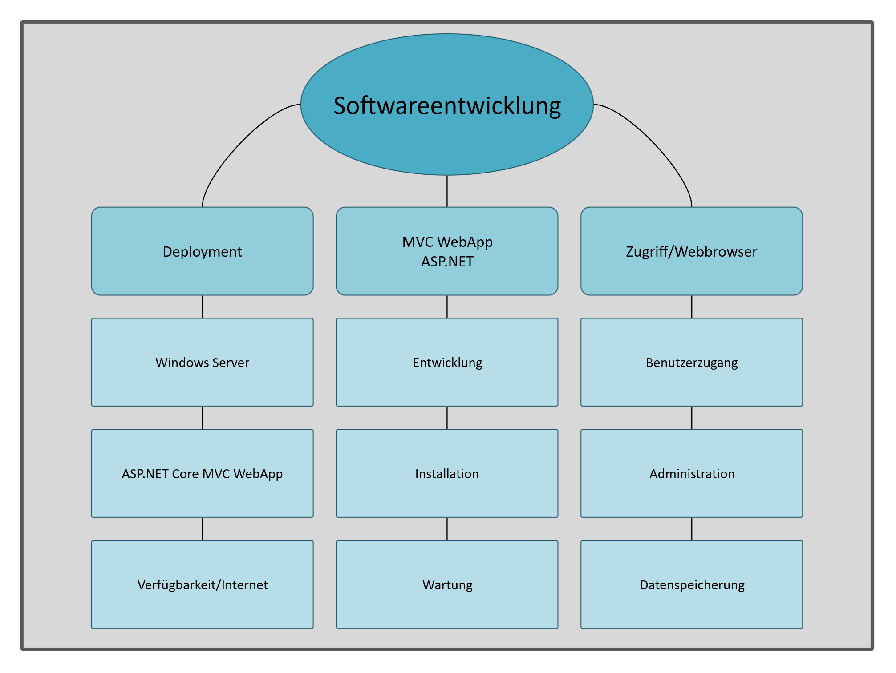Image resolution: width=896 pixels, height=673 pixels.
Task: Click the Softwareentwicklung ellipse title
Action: tap(447, 105)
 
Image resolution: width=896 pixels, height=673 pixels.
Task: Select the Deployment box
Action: tap(202, 251)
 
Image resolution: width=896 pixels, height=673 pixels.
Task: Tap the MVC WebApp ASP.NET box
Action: tap(447, 251)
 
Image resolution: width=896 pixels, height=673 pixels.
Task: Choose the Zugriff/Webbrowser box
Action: tap(691, 251)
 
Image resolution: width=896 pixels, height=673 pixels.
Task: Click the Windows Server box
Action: tap(202, 362)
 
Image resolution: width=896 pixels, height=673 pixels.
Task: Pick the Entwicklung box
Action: tap(447, 362)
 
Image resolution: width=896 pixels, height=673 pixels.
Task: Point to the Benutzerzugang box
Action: tap(691, 362)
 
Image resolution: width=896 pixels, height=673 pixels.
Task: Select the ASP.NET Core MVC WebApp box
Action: tap(202, 473)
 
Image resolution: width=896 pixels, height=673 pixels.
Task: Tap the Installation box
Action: tap(447, 473)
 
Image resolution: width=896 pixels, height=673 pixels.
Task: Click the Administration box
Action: tap(691, 473)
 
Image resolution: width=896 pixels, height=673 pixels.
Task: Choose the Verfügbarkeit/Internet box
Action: tap(202, 584)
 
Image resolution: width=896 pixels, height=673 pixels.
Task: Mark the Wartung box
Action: tap(447, 584)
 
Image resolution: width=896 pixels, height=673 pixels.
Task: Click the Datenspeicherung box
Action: tap(691, 584)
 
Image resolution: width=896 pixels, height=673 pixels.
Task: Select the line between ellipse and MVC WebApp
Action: tap(447, 191)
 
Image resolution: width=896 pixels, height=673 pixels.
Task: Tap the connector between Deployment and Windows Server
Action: tap(203, 306)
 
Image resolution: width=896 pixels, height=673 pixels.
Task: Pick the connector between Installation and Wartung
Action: tap(447, 529)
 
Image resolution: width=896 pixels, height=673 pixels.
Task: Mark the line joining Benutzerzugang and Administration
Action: tap(692, 418)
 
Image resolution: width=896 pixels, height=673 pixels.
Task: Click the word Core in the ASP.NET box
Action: tap(185, 474)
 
